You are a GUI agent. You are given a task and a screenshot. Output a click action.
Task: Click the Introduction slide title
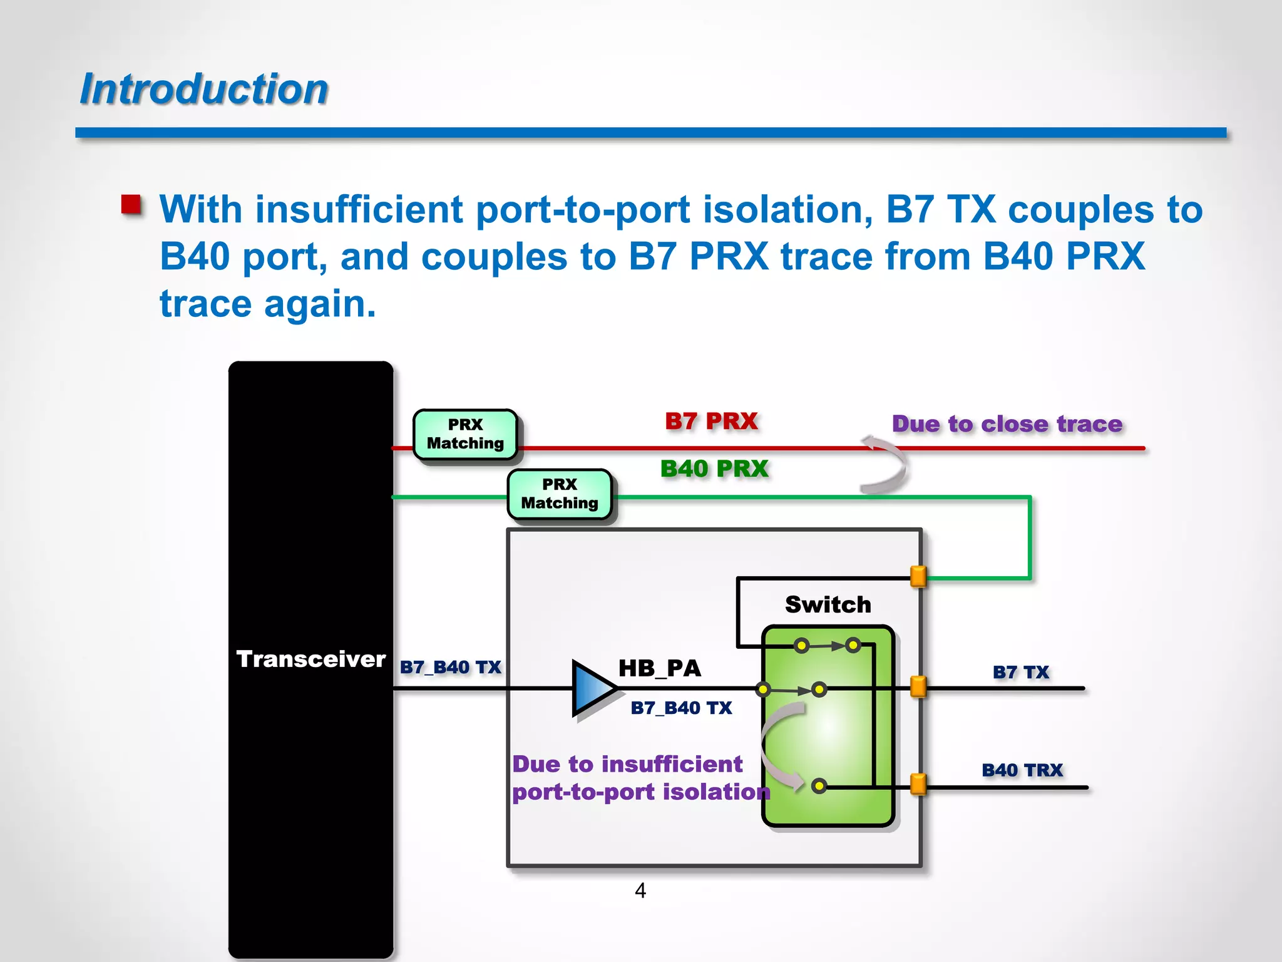pyautogui.click(x=204, y=89)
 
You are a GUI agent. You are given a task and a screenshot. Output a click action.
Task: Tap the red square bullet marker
pyautogui.click(x=131, y=205)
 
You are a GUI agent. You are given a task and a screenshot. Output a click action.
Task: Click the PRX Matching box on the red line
pyautogui.click(x=465, y=434)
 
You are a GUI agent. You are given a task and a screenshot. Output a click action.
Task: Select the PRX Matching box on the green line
pyautogui.click(x=560, y=494)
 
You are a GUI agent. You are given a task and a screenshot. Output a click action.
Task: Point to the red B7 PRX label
pyautogui.click(x=711, y=422)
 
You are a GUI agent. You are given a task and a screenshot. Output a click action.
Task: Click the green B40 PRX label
pyautogui.click(x=714, y=469)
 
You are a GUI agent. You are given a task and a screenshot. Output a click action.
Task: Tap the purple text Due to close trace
pyautogui.click(x=1007, y=424)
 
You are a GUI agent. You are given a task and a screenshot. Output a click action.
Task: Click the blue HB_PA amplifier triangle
pyautogui.click(x=592, y=688)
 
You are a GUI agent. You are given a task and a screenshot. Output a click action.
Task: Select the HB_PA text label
pyautogui.click(x=660, y=668)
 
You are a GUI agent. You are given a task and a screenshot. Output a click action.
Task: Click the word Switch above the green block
pyautogui.click(x=828, y=604)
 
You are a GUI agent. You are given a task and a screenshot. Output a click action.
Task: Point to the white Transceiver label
pyautogui.click(x=310, y=659)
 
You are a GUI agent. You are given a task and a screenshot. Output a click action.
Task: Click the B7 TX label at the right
pyautogui.click(x=1020, y=672)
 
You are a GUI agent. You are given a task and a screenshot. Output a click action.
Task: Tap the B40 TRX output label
pyautogui.click(x=1022, y=770)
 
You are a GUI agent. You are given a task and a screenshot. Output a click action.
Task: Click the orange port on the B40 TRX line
pyautogui.click(x=918, y=784)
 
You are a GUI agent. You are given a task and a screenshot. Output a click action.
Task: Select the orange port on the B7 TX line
pyautogui.click(x=918, y=686)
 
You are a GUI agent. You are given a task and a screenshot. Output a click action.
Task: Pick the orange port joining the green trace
pyautogui.click(x=918, y=576)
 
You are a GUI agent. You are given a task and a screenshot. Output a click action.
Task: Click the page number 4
pyautogui.click(x=640, y=890)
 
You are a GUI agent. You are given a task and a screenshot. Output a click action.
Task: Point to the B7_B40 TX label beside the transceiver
pyautogui.click(x=450, y=667)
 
